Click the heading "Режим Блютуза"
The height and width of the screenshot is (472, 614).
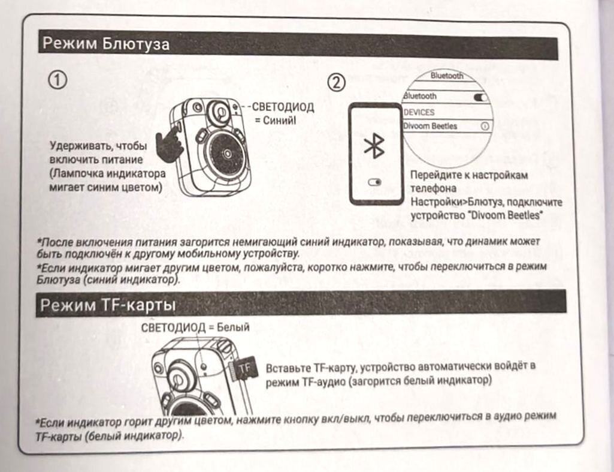click(105, 43)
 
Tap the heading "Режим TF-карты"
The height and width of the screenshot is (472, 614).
click(108, 305)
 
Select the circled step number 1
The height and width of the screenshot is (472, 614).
click(58, 80)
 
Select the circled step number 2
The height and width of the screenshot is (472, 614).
click(337, 83)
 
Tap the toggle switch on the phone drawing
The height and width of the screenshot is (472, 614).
click(375, 182)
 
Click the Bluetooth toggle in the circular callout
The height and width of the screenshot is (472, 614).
click(480, 97)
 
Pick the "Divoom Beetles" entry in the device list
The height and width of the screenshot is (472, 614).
click(430, 126)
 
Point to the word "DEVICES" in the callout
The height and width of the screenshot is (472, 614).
click(419, 112)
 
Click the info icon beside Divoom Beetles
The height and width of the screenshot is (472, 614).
click(485, 126)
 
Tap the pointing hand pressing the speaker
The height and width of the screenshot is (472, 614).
click(169, 144)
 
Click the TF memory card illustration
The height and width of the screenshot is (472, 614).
click(243, 368)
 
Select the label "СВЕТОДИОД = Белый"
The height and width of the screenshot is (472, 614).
click(195, 327)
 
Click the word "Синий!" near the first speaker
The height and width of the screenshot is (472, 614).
click(279, 120)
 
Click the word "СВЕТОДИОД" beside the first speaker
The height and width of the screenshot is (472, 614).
click(283, 107)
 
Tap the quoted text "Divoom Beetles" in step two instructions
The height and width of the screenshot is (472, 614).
click(505, 215)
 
